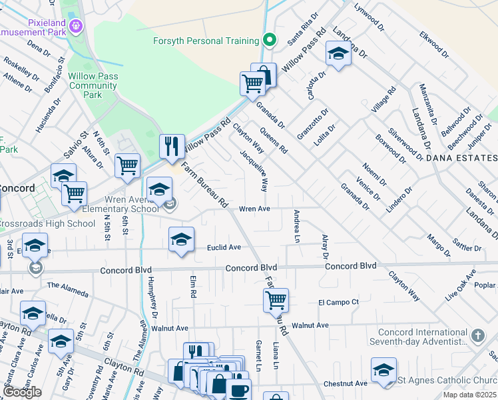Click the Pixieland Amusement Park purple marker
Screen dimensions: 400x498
coord(77,25)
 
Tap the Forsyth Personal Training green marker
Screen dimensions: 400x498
coord(269,40)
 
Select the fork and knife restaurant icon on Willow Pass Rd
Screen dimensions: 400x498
coord(172,146)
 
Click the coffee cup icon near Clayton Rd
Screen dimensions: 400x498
coord(238,390)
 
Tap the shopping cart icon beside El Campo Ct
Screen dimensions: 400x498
coord(275,300)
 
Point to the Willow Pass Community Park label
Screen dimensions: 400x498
coord(93,85)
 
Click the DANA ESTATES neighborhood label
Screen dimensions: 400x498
coord(461,158)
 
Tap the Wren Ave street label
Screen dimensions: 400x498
coord(254,209)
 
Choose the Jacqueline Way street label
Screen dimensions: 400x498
coord(255,170)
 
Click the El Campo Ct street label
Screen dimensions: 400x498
coord(338,302)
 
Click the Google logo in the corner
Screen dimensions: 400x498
coord(22,392)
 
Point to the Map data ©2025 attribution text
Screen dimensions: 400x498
coord(469,395)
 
